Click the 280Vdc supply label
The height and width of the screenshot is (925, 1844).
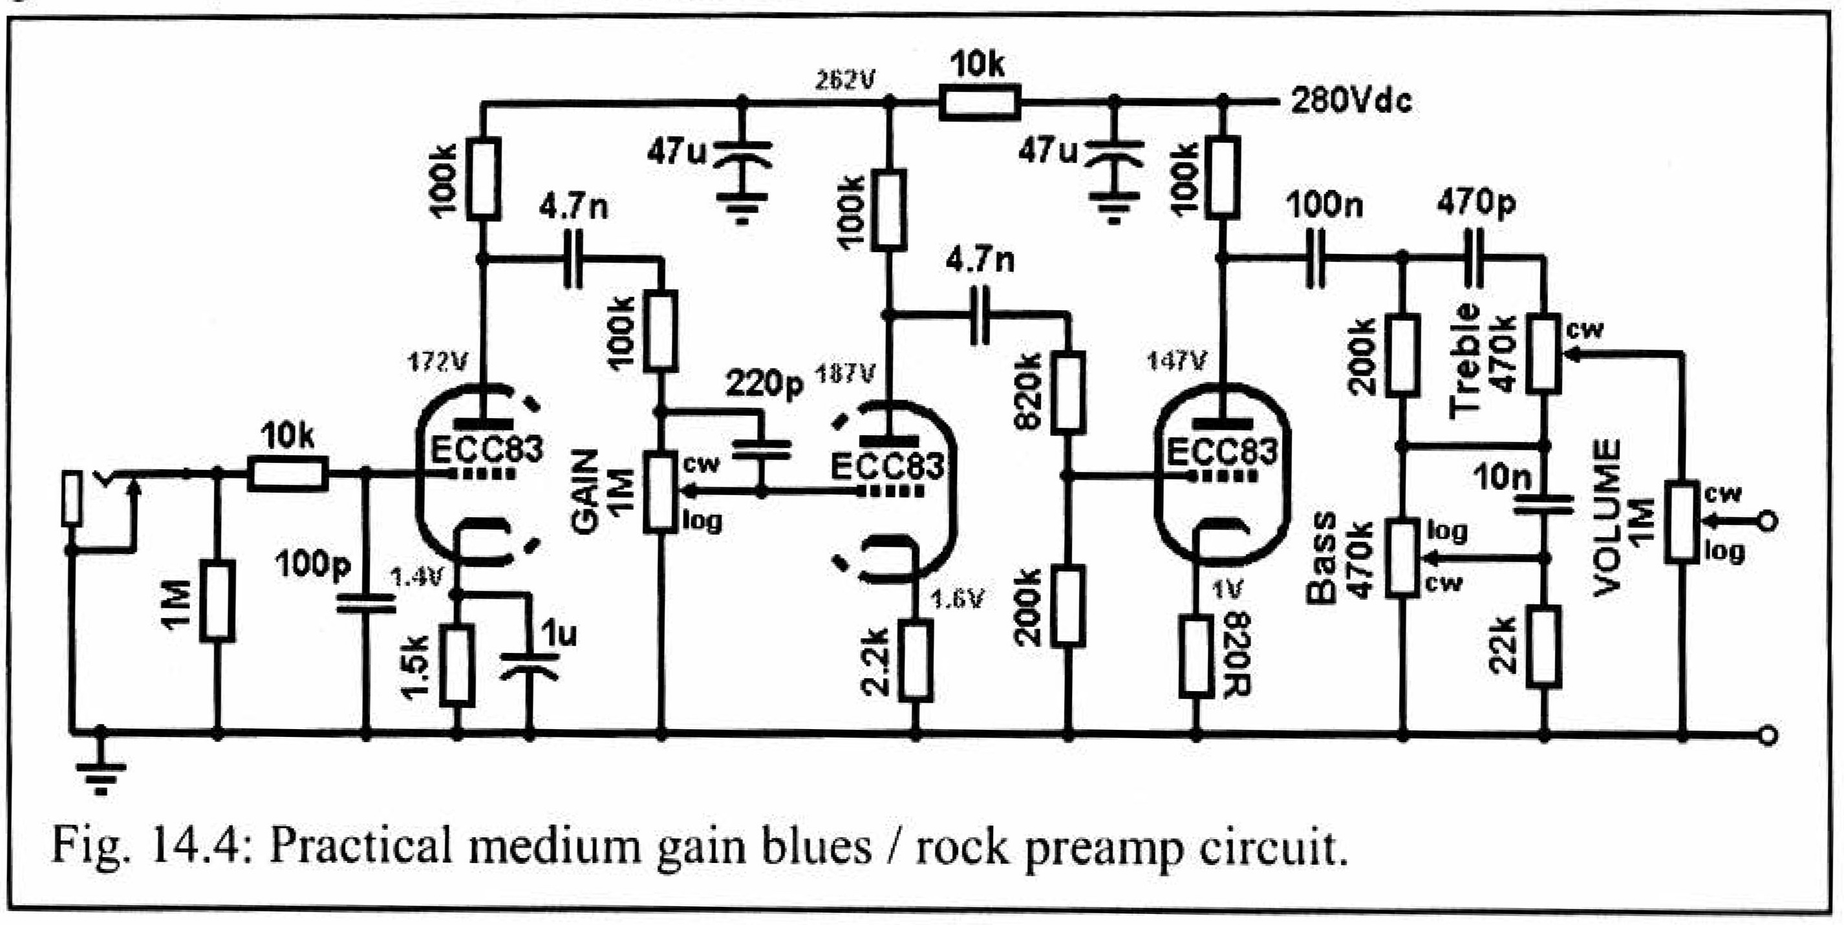click(x=1351, y=101)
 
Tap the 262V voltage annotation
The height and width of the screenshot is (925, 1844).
click(x=844, y=80)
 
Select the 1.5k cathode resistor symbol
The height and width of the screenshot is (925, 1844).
click(x=457, y=665)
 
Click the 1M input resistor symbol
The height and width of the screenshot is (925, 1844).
click(x=217, y=602)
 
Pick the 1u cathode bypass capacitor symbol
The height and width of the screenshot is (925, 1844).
click(x=530, y=665)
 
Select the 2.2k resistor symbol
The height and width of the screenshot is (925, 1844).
click(x=916, y=659)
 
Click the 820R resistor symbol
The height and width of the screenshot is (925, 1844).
click(x=1196, y=655)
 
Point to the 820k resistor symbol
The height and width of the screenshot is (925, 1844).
click(x=1067, y=392)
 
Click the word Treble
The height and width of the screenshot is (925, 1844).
click(x=1464, y=359)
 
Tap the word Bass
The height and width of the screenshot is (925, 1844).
click(x=1322, y=558)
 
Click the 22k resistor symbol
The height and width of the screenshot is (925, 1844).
click(x=1544, y=646)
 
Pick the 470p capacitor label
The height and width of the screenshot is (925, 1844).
click(x=1475, y=202)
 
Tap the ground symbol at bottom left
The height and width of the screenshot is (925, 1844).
click(x=101, y=775)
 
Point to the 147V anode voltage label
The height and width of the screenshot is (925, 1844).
click(x=1176, y=361)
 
